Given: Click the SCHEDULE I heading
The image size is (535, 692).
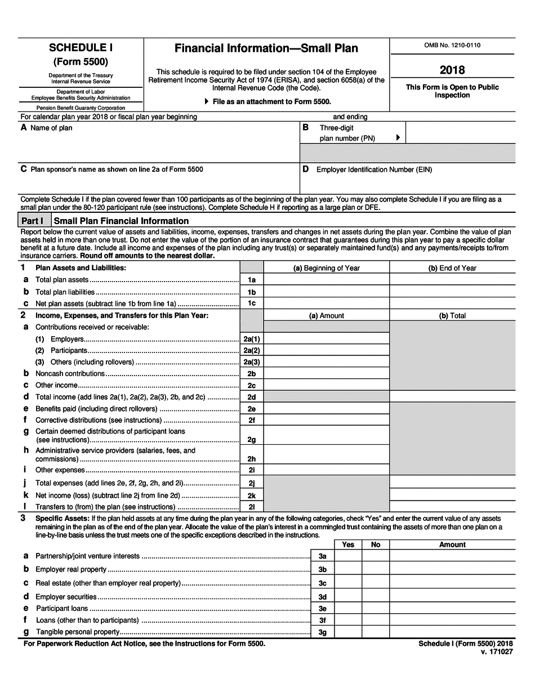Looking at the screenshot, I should [81, 48].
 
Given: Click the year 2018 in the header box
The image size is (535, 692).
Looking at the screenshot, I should [452, 70].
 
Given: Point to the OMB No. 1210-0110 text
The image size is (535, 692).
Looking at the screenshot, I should [452, 46].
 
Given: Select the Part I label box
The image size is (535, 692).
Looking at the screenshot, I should [35, 221].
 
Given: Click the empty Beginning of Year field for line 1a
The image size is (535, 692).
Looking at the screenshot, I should [326, 279].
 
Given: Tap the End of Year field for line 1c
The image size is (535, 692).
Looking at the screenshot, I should [452, 303].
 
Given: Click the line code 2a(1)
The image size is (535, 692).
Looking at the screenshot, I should [252, 339].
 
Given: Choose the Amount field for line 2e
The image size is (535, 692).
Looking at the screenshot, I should [326, 409].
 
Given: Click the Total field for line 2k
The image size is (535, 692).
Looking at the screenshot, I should [452, 495].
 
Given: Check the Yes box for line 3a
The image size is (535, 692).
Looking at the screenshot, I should [348, 556].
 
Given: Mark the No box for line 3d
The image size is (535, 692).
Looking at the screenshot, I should [375, 596].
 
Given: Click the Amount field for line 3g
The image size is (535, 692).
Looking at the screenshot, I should [452, 632].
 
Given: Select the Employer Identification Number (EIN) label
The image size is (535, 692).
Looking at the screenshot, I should [374, 169].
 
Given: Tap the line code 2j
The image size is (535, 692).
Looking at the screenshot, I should [252, 483].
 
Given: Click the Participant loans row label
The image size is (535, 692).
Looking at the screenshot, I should [62, 608].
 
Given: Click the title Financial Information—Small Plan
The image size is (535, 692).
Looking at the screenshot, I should [266, 48].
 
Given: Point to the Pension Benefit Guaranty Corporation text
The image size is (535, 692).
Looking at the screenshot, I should [81, 108].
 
